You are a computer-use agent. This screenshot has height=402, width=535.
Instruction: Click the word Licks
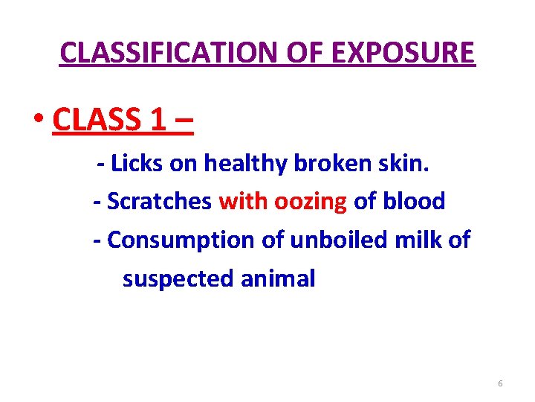[138, 164]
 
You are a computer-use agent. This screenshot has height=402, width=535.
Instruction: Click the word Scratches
[160, 201]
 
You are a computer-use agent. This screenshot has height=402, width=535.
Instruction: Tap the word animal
[277, 278]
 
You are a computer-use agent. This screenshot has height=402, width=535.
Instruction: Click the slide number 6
[500, 383]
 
